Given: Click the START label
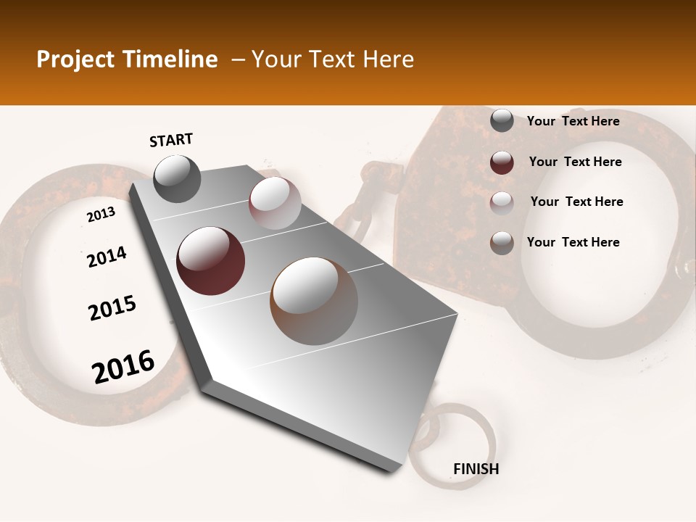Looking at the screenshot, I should point(171,140).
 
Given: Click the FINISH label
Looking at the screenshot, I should point(476,469).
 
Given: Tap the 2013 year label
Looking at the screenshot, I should point(101,215).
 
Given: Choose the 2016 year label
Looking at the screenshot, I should point(123,367).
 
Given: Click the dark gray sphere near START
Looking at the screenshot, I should point(177,178).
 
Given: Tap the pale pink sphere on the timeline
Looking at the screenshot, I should point(275,203).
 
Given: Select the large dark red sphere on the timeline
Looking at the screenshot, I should point(210,260).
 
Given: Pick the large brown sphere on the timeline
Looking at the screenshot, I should point(314,300).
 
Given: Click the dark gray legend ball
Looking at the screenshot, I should point(502,121).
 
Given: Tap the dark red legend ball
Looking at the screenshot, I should point(502,162).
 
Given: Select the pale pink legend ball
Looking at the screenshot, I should point(502,202).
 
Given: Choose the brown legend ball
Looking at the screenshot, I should point(502,243).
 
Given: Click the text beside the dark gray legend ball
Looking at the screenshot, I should point(573,121).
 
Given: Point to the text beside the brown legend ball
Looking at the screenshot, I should point(573,242).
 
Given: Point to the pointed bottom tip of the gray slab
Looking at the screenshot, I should point(394,470).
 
